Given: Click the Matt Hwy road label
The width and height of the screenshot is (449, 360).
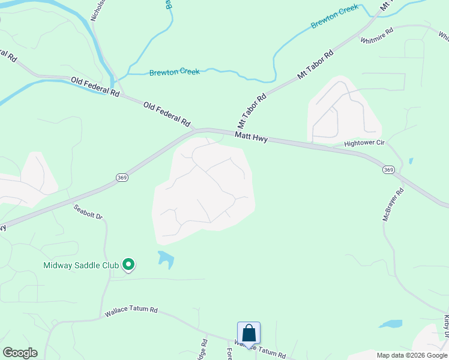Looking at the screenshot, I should (251, 137).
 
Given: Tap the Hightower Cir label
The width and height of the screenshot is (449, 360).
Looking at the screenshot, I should (364, 143).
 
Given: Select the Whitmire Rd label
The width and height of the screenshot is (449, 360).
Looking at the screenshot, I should (376, 35).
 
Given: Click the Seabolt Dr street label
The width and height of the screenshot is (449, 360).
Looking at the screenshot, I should (89, 212).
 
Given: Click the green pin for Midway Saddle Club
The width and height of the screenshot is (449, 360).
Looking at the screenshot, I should (128, 264).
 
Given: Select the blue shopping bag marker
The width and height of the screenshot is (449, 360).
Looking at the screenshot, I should (249, 333).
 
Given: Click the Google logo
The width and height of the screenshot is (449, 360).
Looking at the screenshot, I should (20, 353).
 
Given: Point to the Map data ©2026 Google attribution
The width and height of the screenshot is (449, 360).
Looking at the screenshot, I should (411, 355).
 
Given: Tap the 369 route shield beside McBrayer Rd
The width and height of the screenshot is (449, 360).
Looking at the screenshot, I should (388, 170).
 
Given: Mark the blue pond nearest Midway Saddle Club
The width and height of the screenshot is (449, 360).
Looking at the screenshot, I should (166, 259).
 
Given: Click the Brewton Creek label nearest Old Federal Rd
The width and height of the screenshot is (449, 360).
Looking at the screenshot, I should (174, 72).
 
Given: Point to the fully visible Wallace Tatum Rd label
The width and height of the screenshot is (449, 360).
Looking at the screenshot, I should (131, 311).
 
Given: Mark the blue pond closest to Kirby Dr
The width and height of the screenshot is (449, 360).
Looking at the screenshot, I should (390, 324).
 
